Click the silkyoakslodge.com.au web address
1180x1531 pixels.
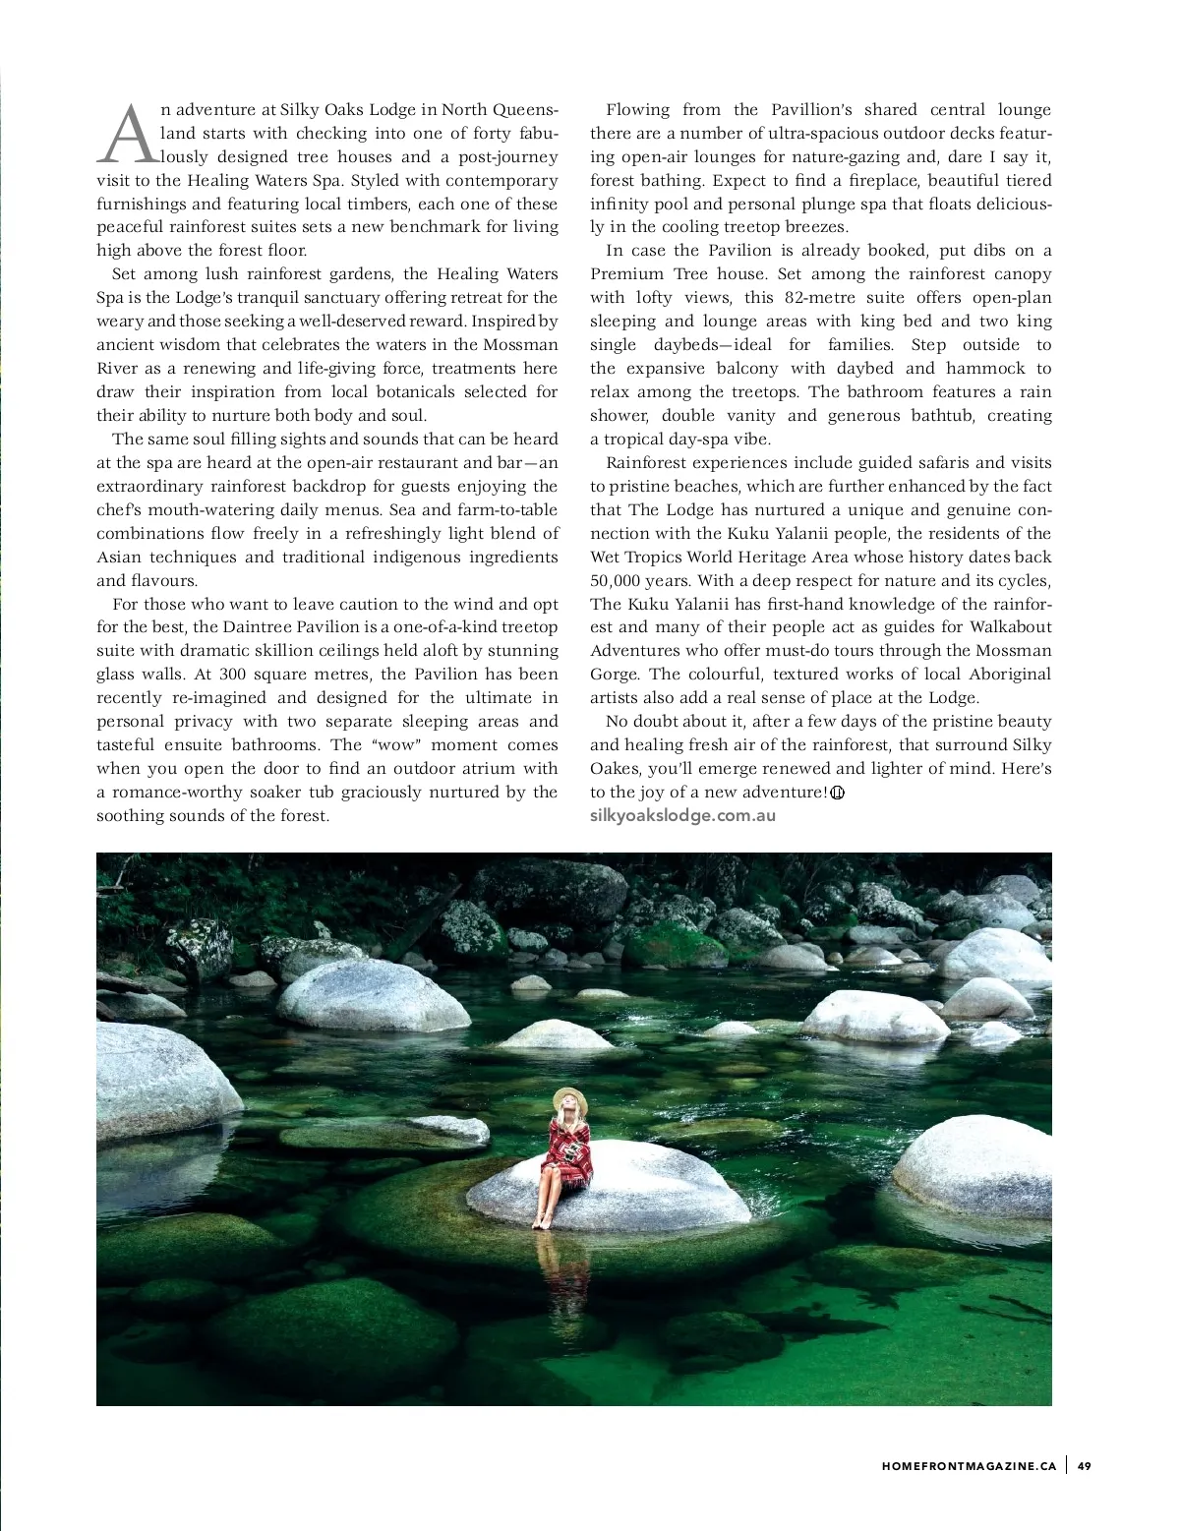[x=682, y=815]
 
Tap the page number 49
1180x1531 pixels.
[x=1084, y=1466]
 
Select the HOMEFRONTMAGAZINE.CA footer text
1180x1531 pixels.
[x=969, y=1466]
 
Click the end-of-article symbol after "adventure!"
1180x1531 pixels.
[x=838, y=794]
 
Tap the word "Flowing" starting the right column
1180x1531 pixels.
[x=637, y=110]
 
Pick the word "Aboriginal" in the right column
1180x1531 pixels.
[x=1010, y=675]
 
